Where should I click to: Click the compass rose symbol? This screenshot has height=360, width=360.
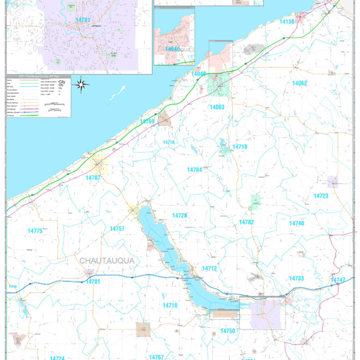[81, 84]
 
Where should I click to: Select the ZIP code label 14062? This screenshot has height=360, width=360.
[299, 83]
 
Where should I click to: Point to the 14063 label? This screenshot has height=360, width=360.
[217, 107]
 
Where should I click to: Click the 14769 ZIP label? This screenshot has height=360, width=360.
[147, 122]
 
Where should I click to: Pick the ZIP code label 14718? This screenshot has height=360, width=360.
[239, 147]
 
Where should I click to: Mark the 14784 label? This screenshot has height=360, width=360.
[195, 170]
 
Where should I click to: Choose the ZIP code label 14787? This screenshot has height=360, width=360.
[93, 178]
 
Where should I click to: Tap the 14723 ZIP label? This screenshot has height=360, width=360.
[321, 196]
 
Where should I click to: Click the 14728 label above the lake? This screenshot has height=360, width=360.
[179, 216]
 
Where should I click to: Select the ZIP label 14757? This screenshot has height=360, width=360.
[117, 229]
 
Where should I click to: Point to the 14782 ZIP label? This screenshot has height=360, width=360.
[247, 223]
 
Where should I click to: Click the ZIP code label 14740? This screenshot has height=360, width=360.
[297, 224]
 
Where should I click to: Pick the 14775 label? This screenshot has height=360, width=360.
[35, 231]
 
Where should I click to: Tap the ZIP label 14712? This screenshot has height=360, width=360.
[209, 268]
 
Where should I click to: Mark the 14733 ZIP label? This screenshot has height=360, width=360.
[296, 279]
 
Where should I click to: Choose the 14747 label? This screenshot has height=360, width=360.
[338, 280]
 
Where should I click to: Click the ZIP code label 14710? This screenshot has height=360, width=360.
[170, 305]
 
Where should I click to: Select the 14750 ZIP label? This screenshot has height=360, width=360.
[228, 331]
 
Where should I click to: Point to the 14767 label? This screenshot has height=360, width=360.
[157, 357]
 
